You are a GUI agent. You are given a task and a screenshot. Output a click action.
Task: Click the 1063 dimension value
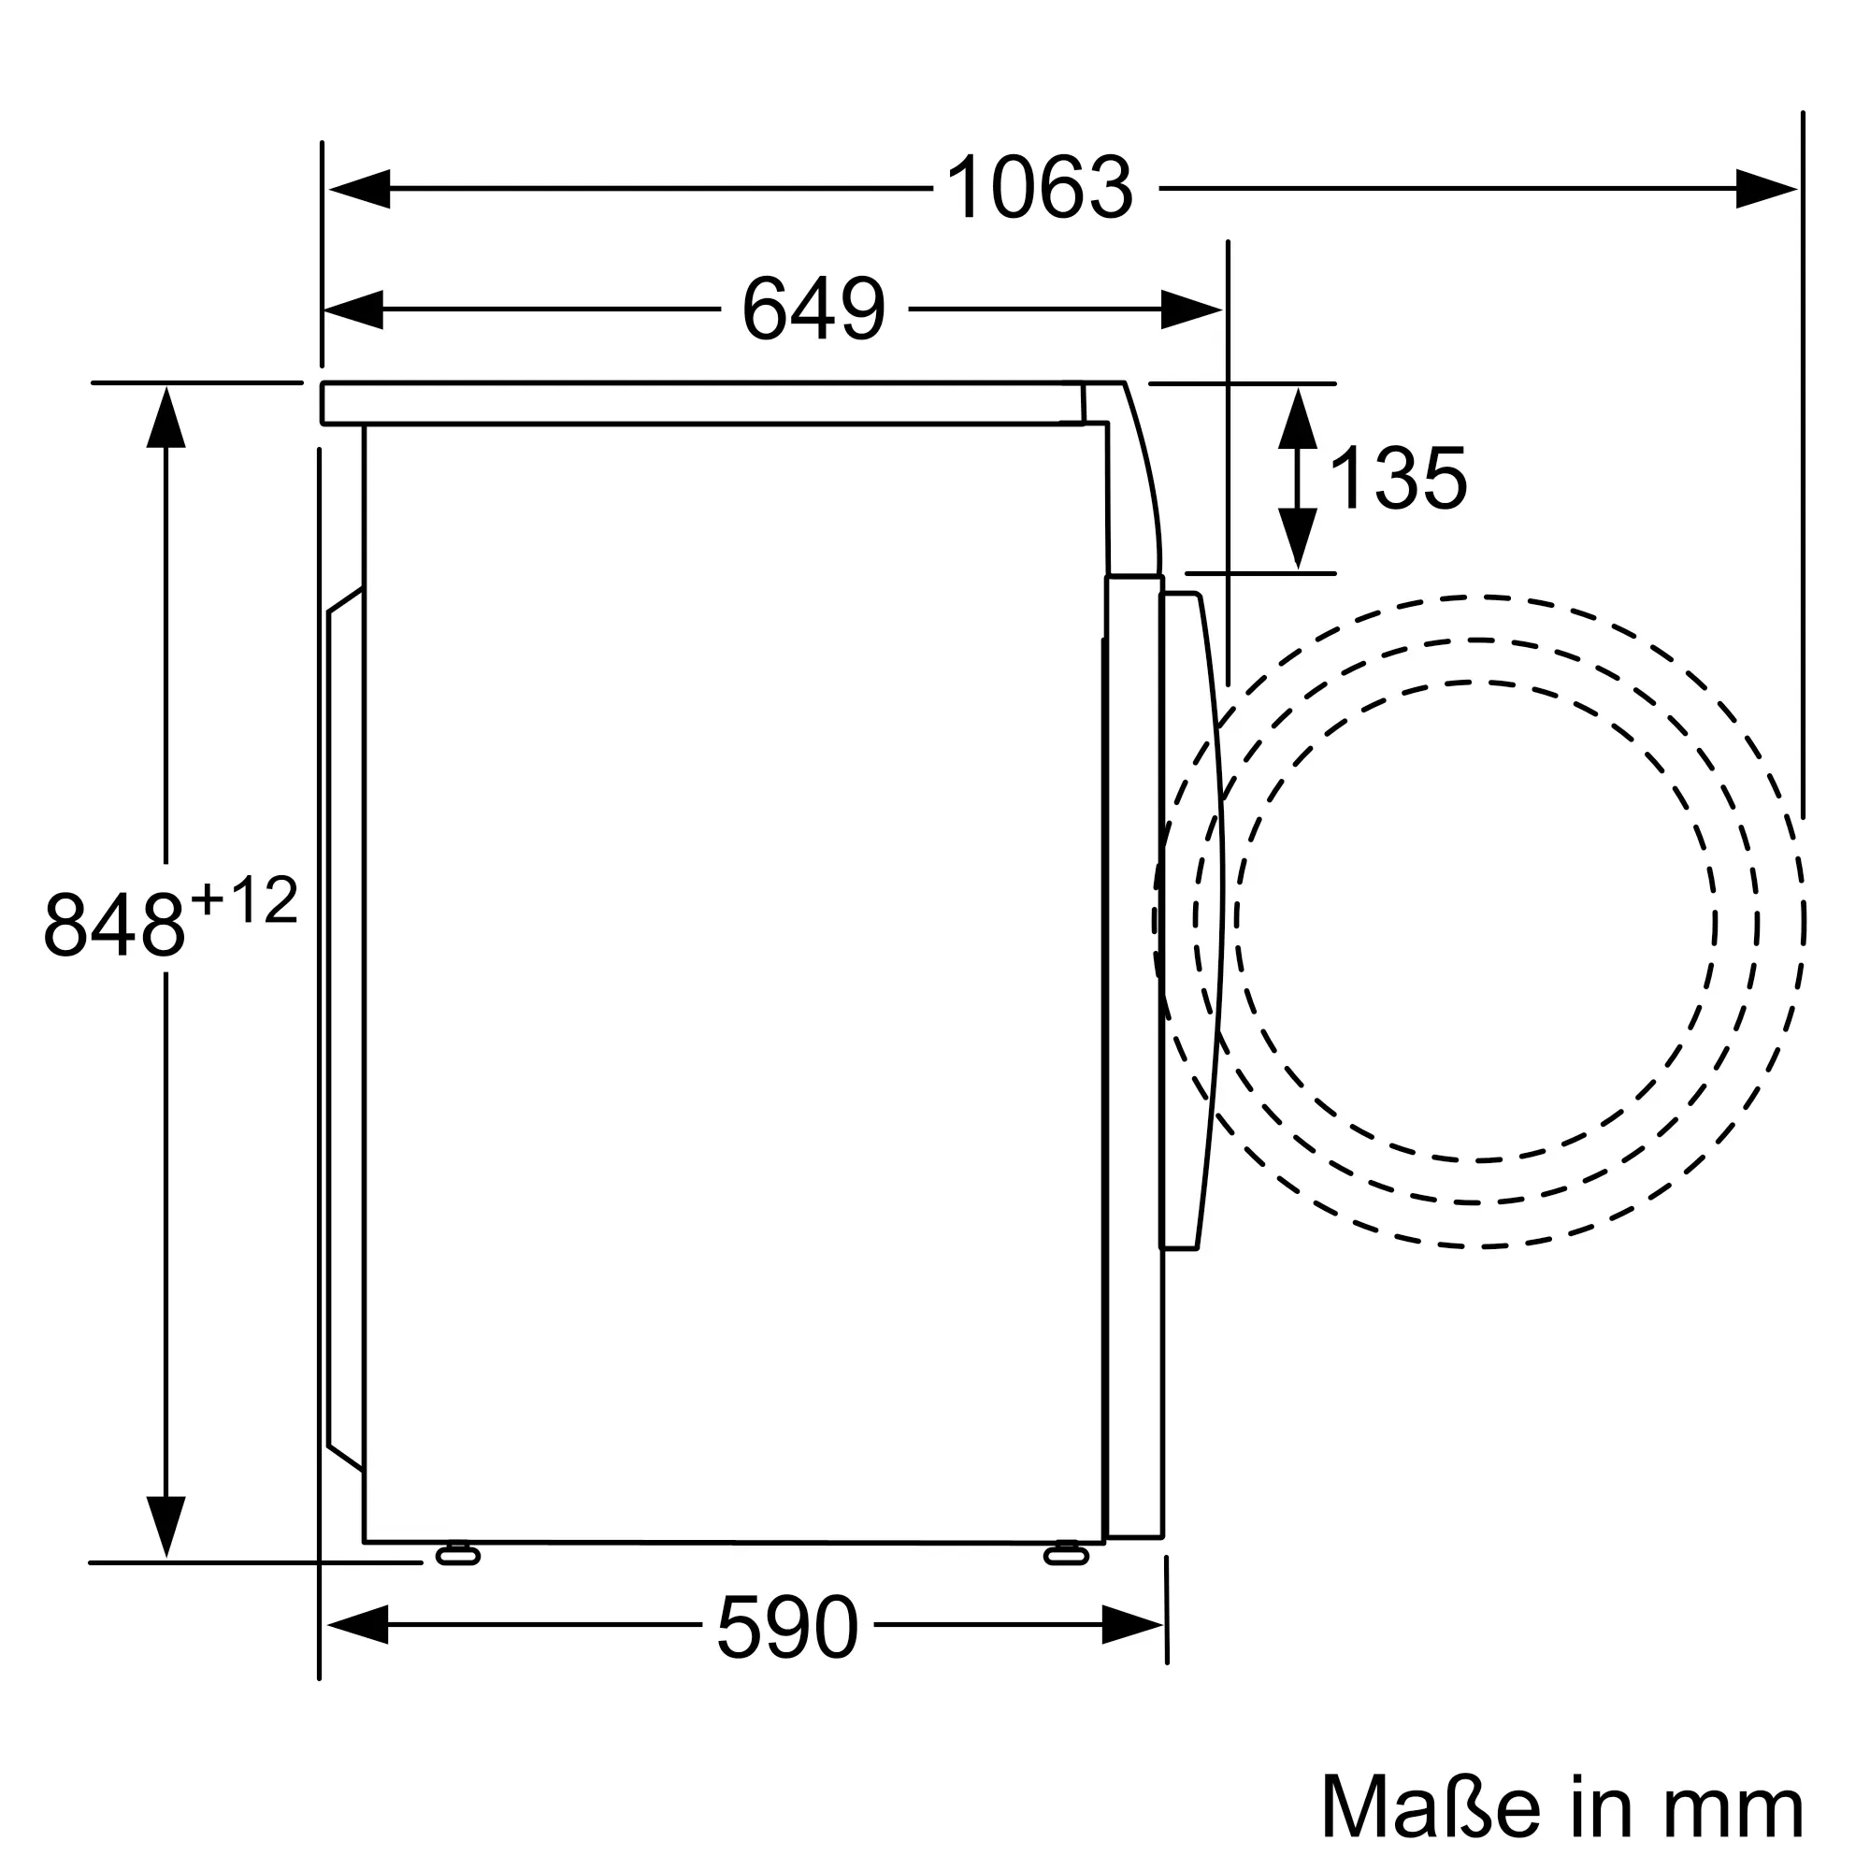click(x=1039, y=188)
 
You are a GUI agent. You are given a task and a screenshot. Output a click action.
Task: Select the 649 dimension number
click(x=814, y=309)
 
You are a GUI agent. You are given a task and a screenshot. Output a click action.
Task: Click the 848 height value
click(x=114, y=926)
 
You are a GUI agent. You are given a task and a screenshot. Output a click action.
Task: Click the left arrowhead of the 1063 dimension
click(x=359, y=189)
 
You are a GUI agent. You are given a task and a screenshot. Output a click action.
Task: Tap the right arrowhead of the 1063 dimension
click(x=1766, y=189)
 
